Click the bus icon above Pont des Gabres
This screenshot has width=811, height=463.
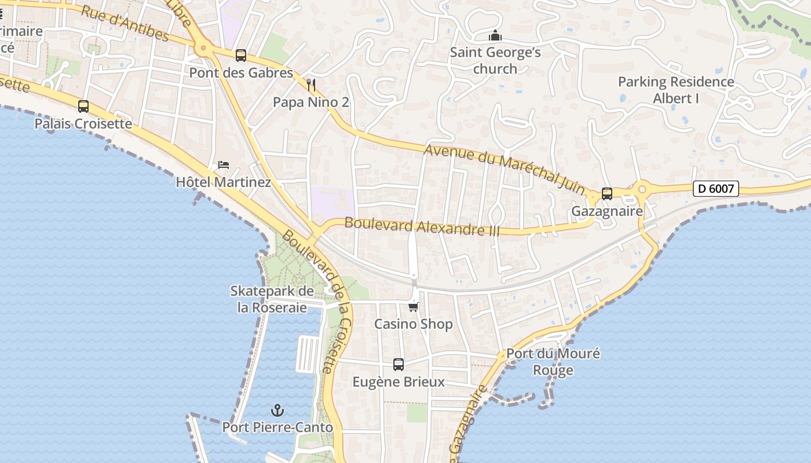click(x=241, y=56)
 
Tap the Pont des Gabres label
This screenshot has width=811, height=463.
click(x=241, y=73)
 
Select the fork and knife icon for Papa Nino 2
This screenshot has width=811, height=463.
click(x=311, y=85)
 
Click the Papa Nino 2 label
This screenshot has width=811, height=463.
click(x=311, y=102)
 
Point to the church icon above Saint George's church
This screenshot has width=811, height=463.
click(x=495, y=36)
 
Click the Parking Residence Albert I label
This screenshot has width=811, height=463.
click(x=676, y=90)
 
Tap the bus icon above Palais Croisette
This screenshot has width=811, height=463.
click(x=83, y=106)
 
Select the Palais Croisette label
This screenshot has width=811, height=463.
click(x=83, y=124)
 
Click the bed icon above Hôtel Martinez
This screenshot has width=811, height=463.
click(x=224, y=165)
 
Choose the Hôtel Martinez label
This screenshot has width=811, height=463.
click(x=224, y=182)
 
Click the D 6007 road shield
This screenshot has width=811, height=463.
click(x=715, y=188)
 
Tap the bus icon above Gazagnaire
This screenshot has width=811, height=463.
click(x=607, y=194)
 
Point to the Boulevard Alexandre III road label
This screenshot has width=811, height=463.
click(x=422, y=226)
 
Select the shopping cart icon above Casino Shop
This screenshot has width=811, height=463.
click(x=413, y=307)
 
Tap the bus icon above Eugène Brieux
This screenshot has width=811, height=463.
click(x=399, y=365)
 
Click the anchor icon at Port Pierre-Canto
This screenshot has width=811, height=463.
click(x=278, y=410)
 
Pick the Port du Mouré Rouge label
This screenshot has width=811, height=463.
click(x=553, y=362)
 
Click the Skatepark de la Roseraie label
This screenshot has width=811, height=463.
click(x=272, y=299)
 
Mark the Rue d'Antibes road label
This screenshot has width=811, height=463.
click(x=125, y=24)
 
